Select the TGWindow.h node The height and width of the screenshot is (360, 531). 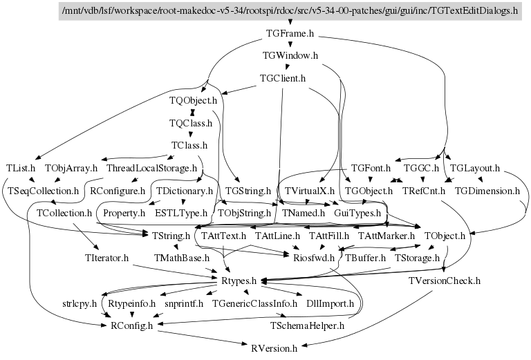(290, 55)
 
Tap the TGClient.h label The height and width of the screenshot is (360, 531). (282, 78)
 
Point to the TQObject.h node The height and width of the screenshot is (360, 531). (194, 101)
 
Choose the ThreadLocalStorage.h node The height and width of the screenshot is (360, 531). (152, 168)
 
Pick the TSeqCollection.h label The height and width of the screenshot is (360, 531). (44, 190)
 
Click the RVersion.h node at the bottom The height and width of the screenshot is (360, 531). (274, 349)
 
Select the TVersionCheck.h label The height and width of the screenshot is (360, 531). (445, 281)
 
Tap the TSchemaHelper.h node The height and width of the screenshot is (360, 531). (306, 325)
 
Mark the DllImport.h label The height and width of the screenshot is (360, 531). (330, 303)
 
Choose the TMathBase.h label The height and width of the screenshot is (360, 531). (182, 258)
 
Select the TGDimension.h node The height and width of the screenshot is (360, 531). (487, 190)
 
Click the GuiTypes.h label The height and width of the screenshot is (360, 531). (357, 213)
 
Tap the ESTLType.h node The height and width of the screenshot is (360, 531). (181, 213)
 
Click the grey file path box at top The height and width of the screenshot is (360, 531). (290, 11)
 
